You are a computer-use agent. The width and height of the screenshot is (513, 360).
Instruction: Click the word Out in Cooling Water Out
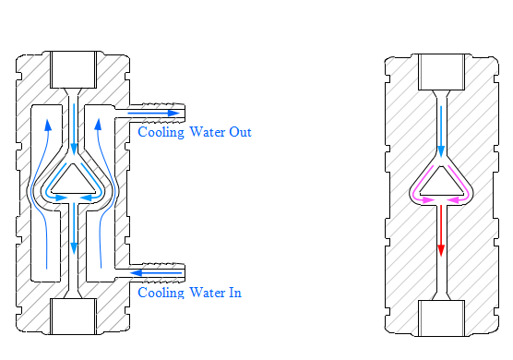[x=240, y=132]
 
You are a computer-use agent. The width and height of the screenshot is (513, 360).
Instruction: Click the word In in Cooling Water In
[x=235, y=293]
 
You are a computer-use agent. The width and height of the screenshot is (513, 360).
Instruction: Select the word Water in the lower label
[x=207, y=293]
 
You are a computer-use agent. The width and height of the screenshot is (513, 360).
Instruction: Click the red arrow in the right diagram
[x=441, y=231]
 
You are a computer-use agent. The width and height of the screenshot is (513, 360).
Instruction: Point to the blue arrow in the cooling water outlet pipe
[x=153, y=114]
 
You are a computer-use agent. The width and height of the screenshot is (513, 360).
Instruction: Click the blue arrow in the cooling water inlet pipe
[x=156, y=272]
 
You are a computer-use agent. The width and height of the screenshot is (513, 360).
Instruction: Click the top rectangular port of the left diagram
[x=73, y=70]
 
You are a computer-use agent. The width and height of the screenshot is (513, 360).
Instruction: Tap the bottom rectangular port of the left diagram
[x=73, y=316]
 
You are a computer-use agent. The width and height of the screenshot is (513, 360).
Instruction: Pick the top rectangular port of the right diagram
[x=442, y=72]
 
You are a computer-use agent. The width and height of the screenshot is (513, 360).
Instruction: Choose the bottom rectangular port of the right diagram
[x=442, y=318]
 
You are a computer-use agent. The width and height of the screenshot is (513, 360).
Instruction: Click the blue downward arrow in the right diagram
[x=441, y=131]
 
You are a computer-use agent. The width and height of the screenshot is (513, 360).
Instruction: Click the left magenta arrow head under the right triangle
[x=428, y=199]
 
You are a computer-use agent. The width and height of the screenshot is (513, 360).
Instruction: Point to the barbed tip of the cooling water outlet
[x=184, y=114]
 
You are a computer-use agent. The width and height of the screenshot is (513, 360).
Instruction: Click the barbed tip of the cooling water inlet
[x=184, y=272]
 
